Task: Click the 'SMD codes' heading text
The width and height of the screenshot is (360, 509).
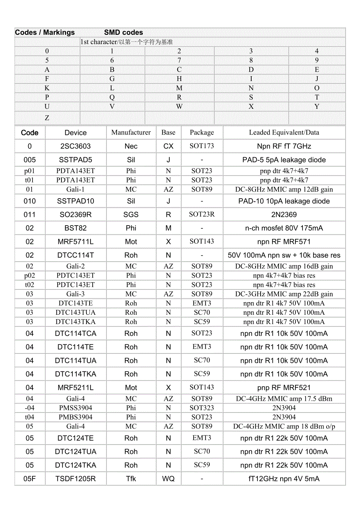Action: [x=123, y=32]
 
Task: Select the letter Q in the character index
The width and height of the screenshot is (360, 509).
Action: [x=112, y=97]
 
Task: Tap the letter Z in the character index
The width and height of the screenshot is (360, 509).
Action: [x=47, y=118]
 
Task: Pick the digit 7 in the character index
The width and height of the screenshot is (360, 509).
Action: [x=179, y=60]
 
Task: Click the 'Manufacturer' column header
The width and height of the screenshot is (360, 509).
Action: [x=131, y=133]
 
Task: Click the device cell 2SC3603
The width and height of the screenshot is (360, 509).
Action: [x=76, y=146]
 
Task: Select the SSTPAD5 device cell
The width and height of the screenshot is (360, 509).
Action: [x=76, y=160]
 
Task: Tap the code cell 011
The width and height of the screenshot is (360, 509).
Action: [x=30, y=215]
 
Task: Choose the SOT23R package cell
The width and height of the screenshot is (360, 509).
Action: [x=202, y=214]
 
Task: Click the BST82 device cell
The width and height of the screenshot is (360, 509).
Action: [x=76, y=228]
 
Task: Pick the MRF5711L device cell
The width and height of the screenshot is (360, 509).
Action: [x=76, y=242]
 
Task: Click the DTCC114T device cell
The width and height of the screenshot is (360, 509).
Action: [x=76, y=255]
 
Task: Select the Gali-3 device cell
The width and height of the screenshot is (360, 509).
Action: [x=76, y=294]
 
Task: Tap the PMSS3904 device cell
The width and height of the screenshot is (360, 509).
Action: [x=76, y=408]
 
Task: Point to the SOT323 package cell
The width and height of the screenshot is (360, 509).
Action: [x=202, y=408]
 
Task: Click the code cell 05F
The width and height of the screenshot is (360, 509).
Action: [x=30, y=479]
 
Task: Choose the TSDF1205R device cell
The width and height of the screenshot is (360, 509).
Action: [x=76, y=479]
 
